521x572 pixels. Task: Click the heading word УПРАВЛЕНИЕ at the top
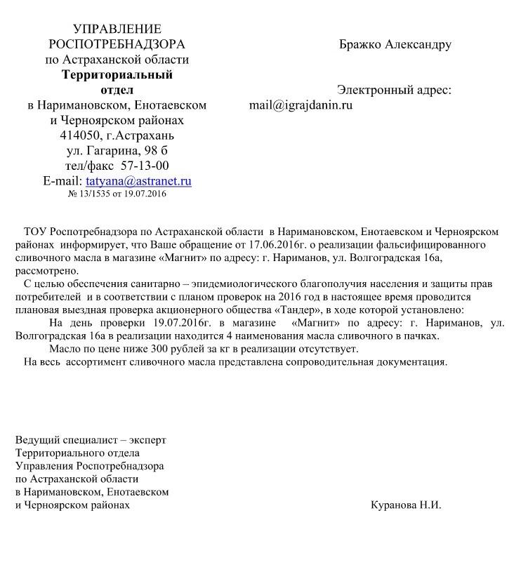117,29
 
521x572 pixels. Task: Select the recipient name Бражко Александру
395,45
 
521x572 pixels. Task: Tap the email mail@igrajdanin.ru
301,106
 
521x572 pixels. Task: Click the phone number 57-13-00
145,166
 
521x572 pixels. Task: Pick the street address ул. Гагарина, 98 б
117,151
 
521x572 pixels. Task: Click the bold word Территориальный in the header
117,75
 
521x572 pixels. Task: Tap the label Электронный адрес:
394,91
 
